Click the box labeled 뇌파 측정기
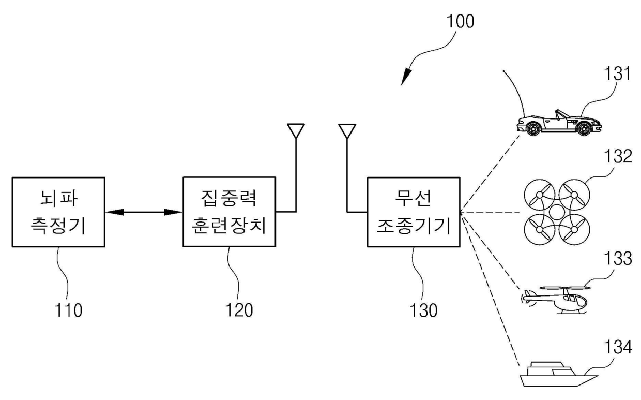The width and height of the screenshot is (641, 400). (57, 212)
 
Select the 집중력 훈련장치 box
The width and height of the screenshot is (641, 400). (229, 212)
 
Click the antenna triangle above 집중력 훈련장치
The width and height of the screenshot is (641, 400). (296, 130)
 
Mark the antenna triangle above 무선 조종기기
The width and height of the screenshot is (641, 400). (346, 130)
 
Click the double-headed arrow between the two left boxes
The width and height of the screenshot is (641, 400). (143, 212)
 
